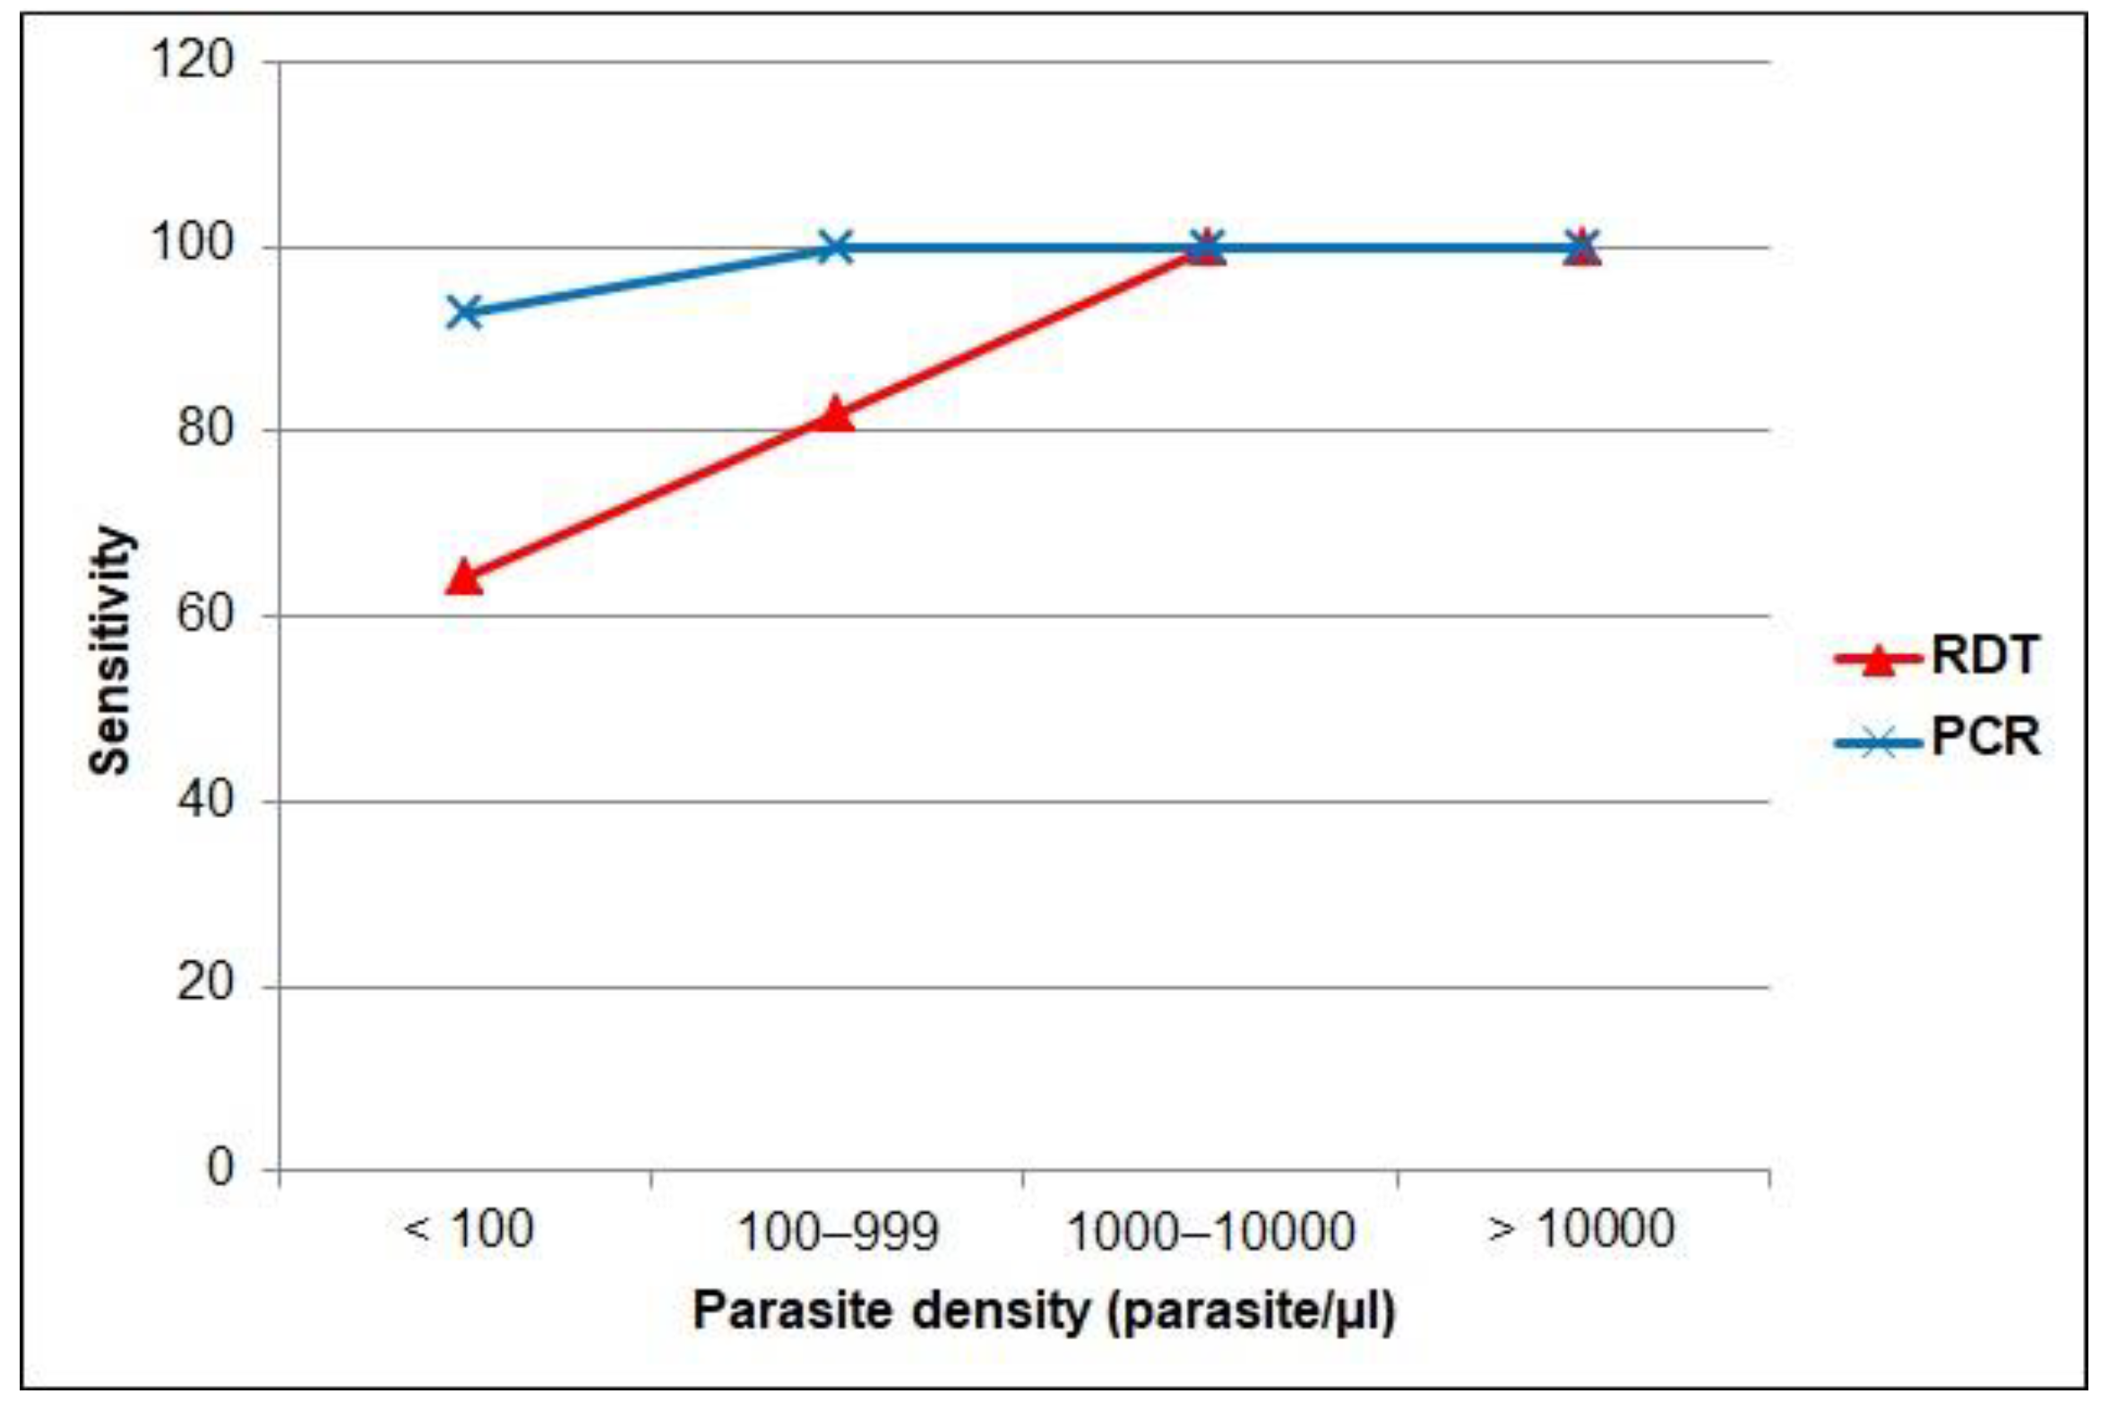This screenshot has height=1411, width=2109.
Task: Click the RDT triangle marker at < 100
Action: pyautogui.click(x=464, y=577)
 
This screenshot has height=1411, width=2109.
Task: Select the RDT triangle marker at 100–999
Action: pyautogui.click(x=836, y=415)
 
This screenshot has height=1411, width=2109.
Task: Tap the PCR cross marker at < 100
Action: pyautogui.click(x=464, y=313)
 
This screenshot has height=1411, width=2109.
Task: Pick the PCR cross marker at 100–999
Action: pyautogui.click(x=836, y=246)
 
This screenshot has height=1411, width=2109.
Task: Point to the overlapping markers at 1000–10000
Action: pyautogui.click(x=1207, y=246)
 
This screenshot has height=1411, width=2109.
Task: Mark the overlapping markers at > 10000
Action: pyautogui.click(x=1580, y=246)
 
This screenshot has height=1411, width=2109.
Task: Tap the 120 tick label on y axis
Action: pyautogui.click(x=193, y=61)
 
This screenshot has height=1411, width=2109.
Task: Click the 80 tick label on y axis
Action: pyautogui.click(x=205, y=429)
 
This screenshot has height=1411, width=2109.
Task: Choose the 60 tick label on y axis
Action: pyautogui.click(x=205, y=615)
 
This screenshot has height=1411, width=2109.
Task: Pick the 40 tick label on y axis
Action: pyautogui.click(x=205, y=800)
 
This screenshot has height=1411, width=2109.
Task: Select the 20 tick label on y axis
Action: pyautogui.click(x=205, y=984)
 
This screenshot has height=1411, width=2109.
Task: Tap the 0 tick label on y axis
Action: pyautogui.click(x=220, y=1167)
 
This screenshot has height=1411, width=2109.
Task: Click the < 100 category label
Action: pyautogui.click(x=469, y=1228)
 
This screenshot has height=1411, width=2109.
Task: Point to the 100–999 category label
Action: pyautogui.click(x=838, y=1230)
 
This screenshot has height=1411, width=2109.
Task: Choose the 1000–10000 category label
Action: pyautogui.click(x=1210, y=1230)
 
